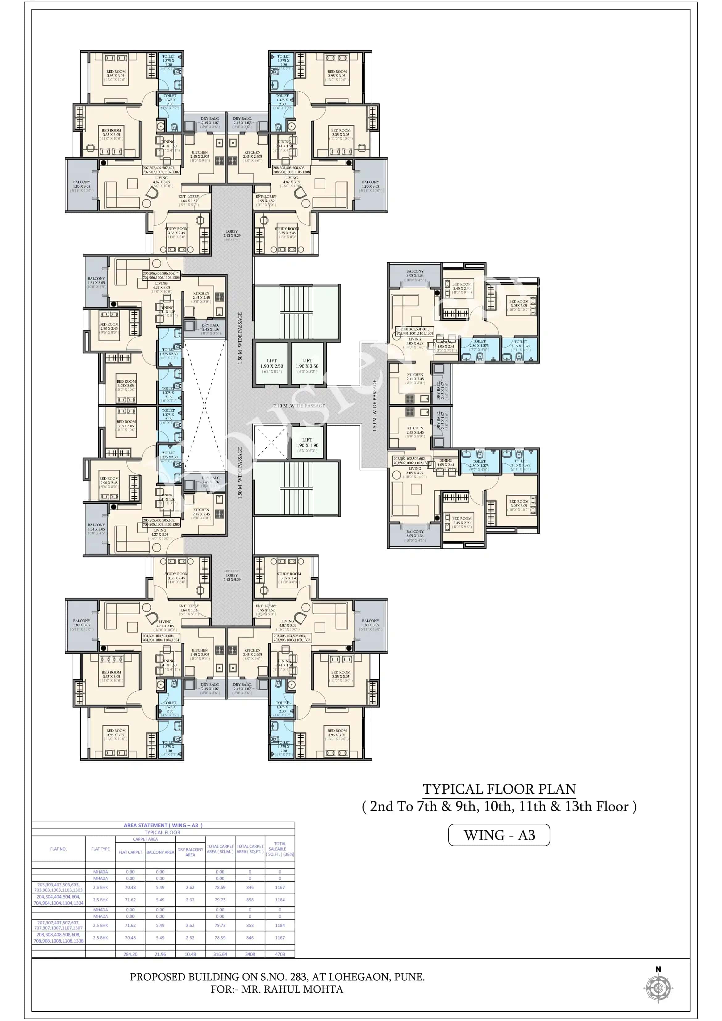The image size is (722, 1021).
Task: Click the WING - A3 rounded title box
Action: click(x=499, y=835)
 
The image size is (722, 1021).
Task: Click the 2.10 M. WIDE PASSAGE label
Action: click(x=299, y=406)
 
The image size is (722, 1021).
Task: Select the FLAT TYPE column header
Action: click(x=101, y=849)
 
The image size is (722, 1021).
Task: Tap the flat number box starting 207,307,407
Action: click(x=161, y=170)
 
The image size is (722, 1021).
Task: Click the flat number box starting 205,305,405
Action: click(x=161, y=522)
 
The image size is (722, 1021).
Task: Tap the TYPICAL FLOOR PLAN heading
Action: click(x=499, y=789)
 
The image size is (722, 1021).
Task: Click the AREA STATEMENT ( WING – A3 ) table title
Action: click(x=163, y=825)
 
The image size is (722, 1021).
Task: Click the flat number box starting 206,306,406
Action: click(x=161, y=275)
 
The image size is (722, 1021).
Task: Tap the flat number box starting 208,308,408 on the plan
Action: click(x=291, y=170)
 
